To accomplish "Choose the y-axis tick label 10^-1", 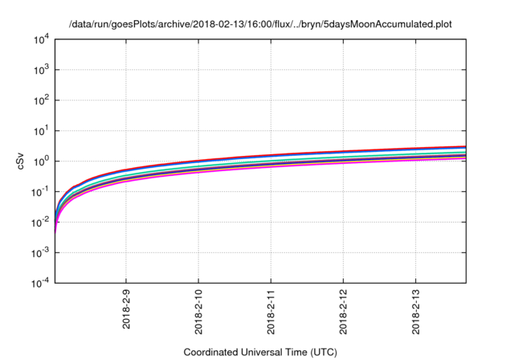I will tap(39, 191).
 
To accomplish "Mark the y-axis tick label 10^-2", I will tap(39, 222).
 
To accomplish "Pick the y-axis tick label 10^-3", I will tap(39, 252).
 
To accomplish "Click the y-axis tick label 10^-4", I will tap(39, 283).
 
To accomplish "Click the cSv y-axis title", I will tap(21, 161).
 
